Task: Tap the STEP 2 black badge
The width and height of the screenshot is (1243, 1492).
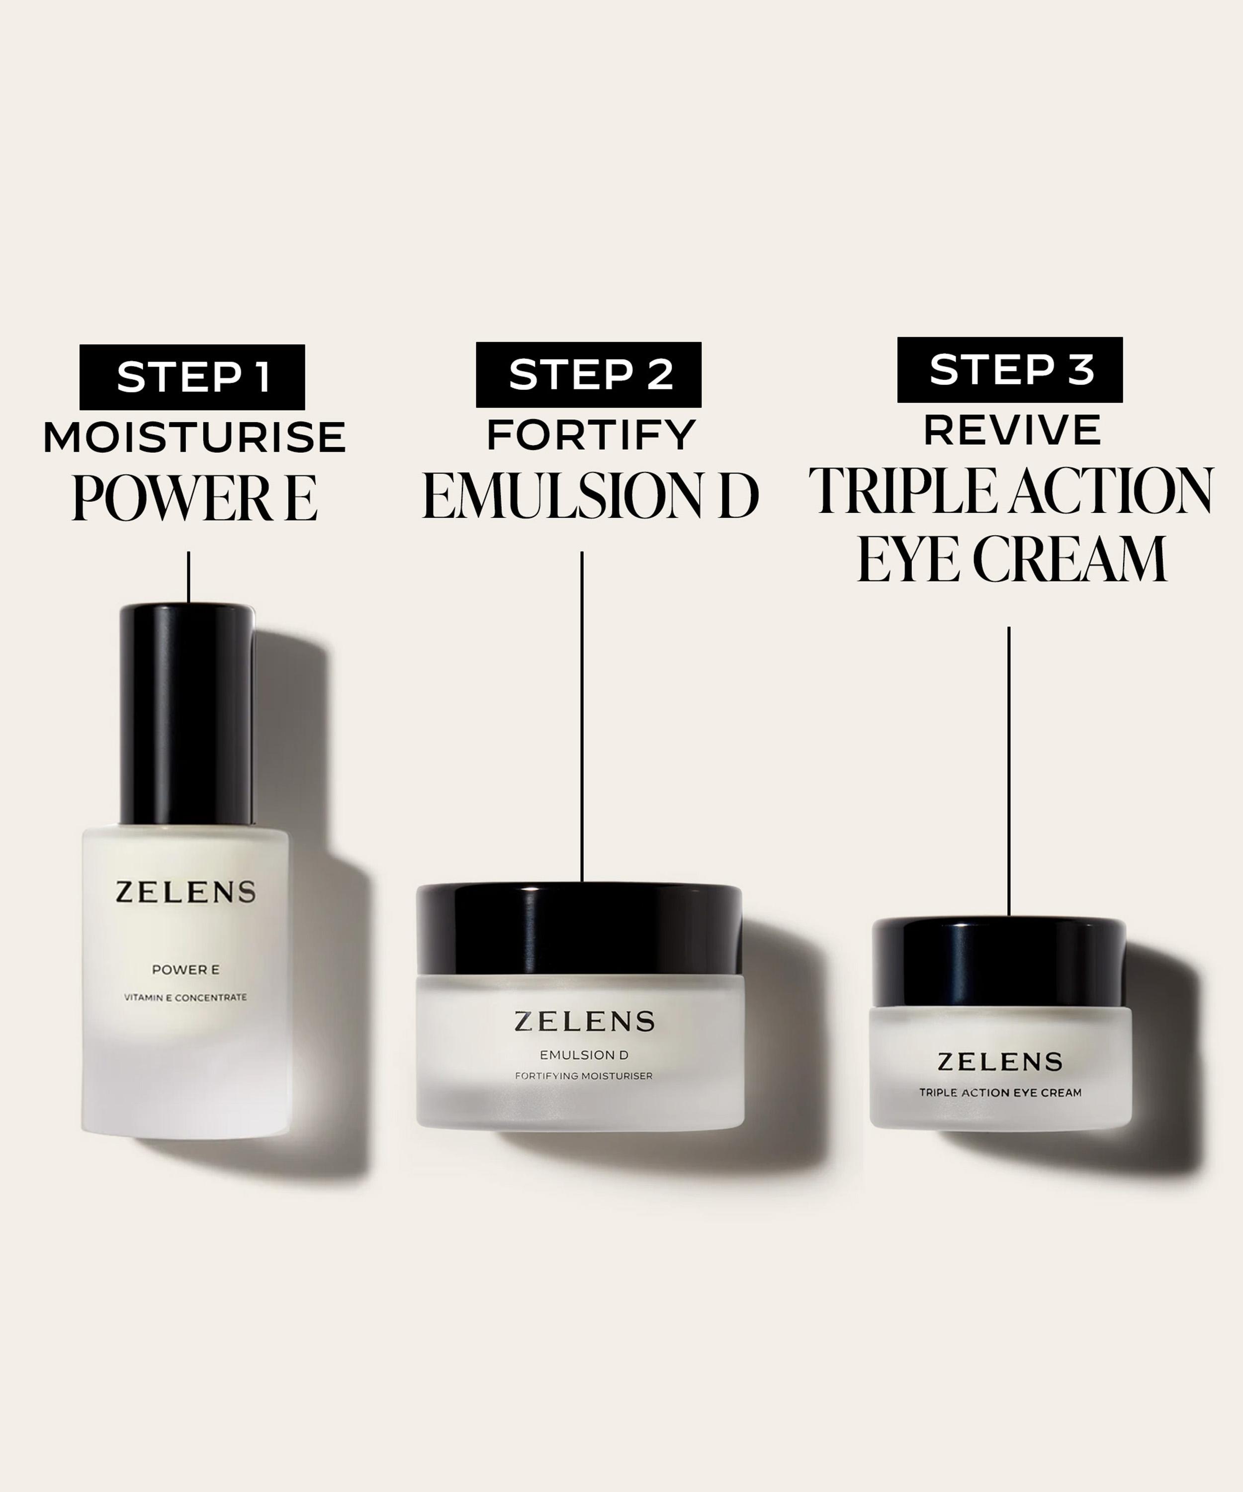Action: [588, 374]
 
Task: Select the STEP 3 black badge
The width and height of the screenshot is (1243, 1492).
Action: [1009, 370]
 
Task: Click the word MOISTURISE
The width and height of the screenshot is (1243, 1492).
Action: [194, 437]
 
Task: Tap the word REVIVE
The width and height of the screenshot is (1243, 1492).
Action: [1012, 430]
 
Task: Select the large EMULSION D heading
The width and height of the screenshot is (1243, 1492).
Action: [590, 495]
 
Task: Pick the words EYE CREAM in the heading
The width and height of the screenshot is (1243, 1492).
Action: [1011, 559]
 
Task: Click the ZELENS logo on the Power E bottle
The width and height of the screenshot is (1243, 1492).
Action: [185, 892]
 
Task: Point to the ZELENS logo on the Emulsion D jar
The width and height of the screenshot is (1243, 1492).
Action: [584, 1021]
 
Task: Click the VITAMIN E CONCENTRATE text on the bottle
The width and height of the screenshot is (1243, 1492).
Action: [185, 998]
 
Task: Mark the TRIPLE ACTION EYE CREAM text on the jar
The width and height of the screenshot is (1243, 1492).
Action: [1000, 1093]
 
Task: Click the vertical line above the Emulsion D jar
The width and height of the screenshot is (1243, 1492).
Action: [582, 718]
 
